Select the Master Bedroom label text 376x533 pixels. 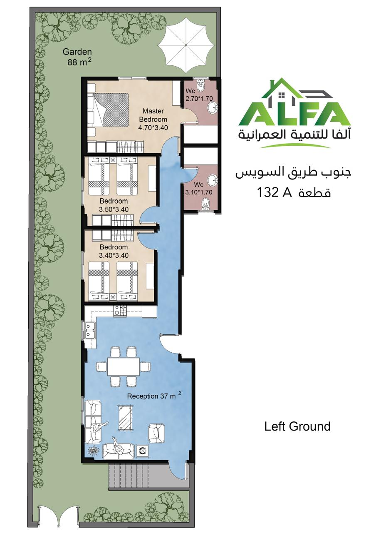tap(153, 115)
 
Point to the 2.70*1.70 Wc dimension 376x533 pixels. tap(199, 99)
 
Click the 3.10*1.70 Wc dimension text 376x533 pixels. tap(199, 192)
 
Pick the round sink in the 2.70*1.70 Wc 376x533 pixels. tap(213, 108)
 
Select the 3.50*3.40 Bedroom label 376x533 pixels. tap(114, 205)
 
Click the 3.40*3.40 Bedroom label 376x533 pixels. tap(114, 251)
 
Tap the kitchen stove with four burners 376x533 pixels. tap(120, 311)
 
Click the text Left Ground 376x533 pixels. tap(297, 426)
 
